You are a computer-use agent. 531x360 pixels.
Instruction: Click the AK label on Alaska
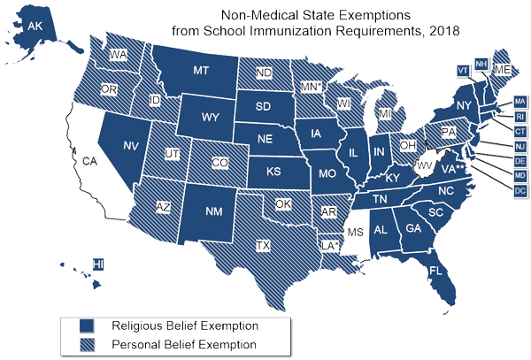pyautogui.click(x=35, y=27)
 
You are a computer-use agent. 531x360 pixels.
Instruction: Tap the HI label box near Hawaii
pyautogui.click(x=99, y=264)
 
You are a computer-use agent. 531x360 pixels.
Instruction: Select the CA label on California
pyautogui.click(x=89, y=162)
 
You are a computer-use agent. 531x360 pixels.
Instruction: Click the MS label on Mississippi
pyautogui.click(x=356, y=232)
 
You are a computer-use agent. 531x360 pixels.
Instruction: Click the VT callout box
pyautogui.click(x=463, y=70)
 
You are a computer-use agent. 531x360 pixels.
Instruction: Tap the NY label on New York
pyautogui.click(x=461, y=106)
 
